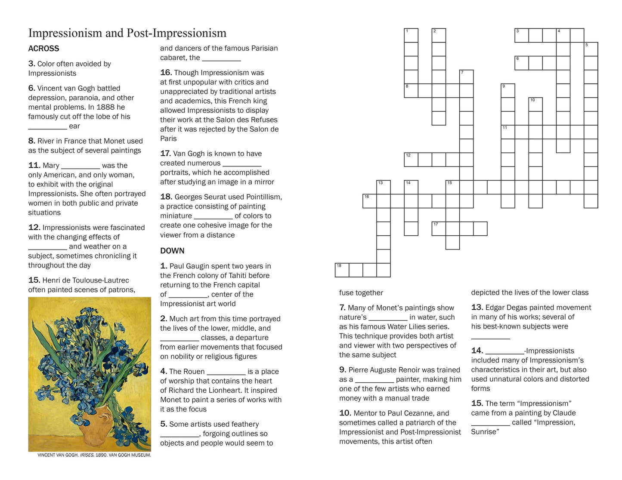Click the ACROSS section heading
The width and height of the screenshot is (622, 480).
[x=43, y=49]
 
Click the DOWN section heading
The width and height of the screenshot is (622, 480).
[x=172, y=251]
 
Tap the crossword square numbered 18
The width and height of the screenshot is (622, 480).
[x=342, y=270]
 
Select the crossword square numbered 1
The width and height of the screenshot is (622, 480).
[x=411, y=35]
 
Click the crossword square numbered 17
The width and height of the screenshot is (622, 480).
[x=439, y=229]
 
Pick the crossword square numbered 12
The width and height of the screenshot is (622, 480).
[x=411, y=160]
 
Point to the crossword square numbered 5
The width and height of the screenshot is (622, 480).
[x=591, y=49]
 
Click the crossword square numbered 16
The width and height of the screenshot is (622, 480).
[x=369, y=201]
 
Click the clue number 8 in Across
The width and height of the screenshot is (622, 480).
[x=31, y=141]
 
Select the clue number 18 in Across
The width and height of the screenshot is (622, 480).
[x=166, y=197]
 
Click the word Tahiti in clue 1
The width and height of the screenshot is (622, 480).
[x=229, y=276]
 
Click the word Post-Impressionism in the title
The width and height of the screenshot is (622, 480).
[x=176, y=33]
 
